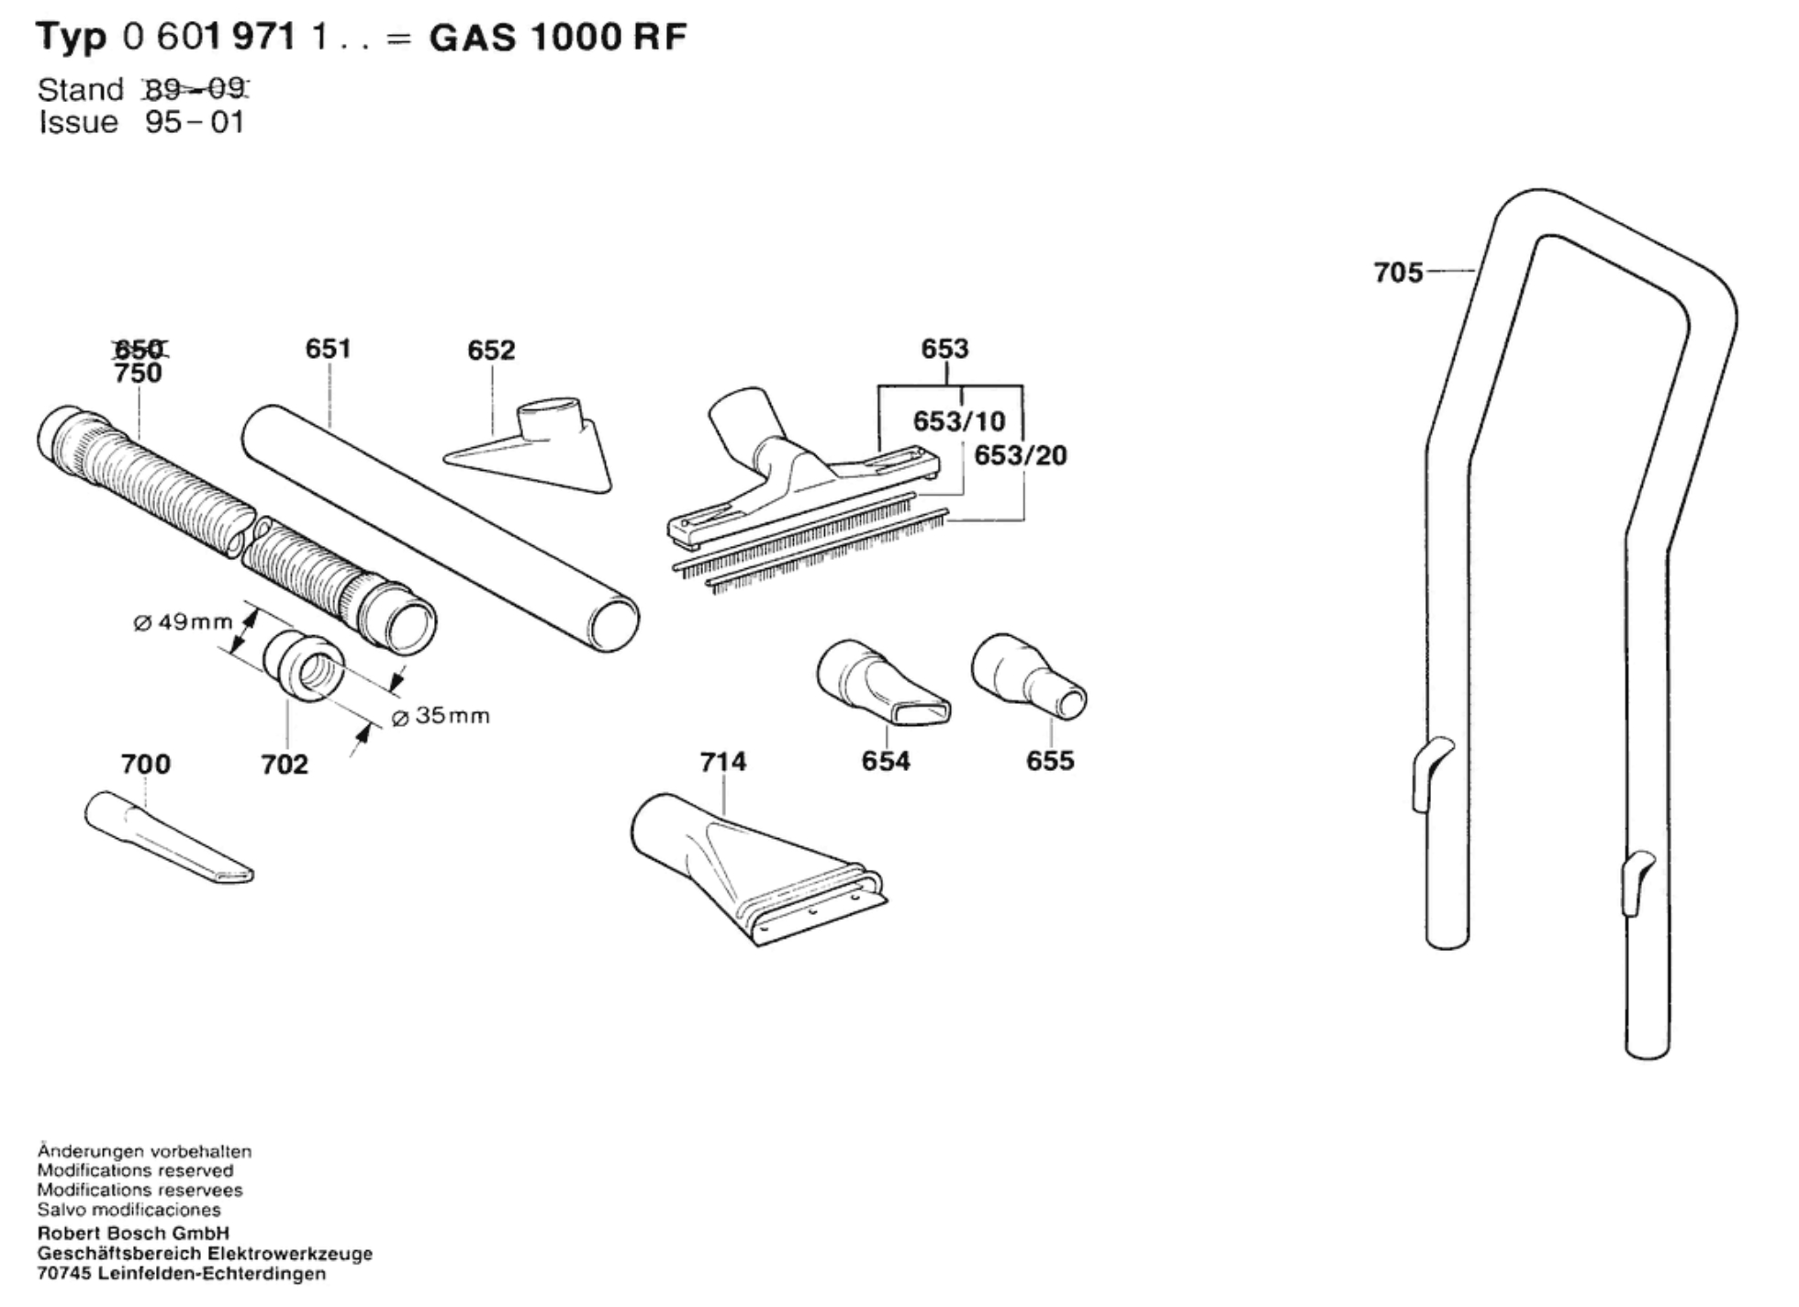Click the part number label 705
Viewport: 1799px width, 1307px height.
tap(1397, 273)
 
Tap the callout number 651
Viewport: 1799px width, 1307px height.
tap(328, 349)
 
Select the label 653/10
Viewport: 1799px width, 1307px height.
tap(958, 421)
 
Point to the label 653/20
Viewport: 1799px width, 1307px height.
tap(1020, 455)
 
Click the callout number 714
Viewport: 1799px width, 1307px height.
tap(722, 762)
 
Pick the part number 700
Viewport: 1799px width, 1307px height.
tap(145, 764)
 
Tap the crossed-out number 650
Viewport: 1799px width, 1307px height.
tap(139, 349)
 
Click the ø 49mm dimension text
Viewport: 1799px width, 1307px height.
tap(183, 622)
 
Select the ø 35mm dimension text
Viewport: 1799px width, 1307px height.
tap(441, 716)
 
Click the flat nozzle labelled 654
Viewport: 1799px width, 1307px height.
tap(881, 684)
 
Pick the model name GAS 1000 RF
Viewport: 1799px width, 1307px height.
tap(558, 38)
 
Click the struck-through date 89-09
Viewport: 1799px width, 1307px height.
tap(196, 89)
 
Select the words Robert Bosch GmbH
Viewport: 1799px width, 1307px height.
tap(133, 1234)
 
